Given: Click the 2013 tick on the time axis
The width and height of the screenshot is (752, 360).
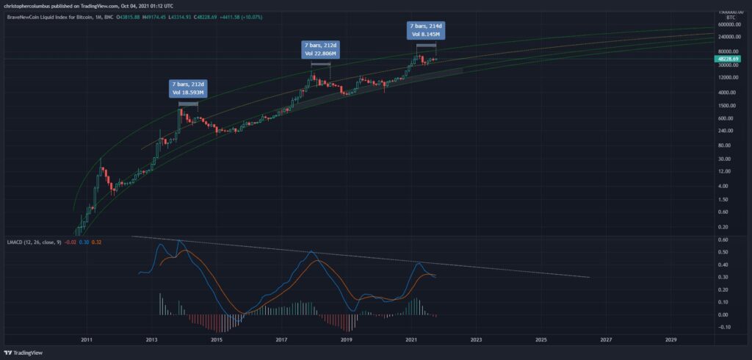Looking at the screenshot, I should click(152, 341).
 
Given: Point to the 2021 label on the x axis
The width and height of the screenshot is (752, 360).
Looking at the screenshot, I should click(412, 341).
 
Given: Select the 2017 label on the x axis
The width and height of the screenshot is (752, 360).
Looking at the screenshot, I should click(282, 341).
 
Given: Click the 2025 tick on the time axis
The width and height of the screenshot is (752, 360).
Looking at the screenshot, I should click(541, 341).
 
